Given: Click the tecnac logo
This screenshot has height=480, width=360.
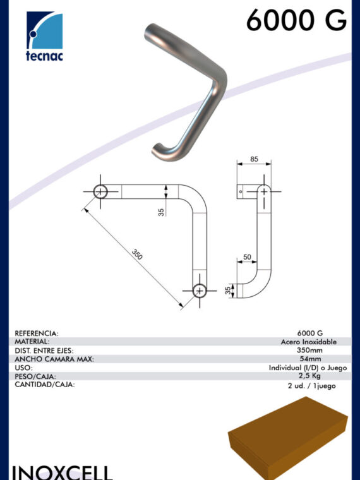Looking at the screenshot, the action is [44, 36].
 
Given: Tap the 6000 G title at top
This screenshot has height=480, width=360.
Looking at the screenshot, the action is [296, 20].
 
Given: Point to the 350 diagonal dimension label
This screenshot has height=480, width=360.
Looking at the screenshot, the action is [137, 255].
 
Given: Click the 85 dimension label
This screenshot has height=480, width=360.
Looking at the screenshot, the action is [254, 159].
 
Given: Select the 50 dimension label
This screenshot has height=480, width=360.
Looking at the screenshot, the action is [247, 257].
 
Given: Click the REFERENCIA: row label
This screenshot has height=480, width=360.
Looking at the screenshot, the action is [37, 333].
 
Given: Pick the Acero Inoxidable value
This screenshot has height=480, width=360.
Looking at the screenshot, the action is [309, 342].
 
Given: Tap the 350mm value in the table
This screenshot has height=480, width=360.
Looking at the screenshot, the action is [310, 350].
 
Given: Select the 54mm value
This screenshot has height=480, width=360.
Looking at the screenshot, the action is [310, 359].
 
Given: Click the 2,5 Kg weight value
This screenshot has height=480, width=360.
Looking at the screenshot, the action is [309, 376].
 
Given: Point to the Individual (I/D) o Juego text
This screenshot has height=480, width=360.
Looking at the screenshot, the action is [308, 368].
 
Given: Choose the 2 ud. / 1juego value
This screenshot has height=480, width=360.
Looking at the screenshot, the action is [311, 386].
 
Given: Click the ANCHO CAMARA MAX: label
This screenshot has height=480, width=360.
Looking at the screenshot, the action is [54, 359].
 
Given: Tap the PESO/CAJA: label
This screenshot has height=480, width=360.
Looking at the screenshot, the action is [35, 376].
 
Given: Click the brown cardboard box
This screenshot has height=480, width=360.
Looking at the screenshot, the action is [288, 438].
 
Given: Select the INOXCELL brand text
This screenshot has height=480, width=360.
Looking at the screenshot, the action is [62, 472].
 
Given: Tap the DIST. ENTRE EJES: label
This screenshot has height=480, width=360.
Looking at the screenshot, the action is [44, 351].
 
